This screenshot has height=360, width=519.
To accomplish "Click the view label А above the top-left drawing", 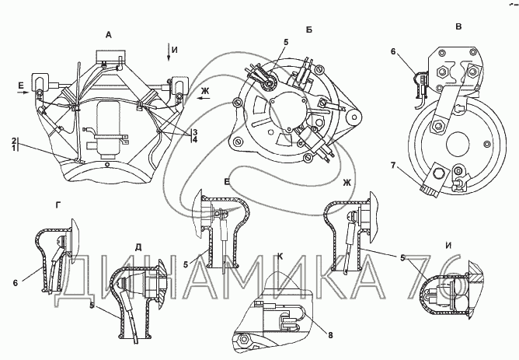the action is click(108, 35).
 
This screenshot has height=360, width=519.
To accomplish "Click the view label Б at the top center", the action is click(308, 30).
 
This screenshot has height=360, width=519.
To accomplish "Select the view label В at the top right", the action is click(458, 27).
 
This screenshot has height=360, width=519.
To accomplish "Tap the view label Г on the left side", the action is click(58, 206).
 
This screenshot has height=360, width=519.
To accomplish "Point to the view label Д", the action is click(138, 247).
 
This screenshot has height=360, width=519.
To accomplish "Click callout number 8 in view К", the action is click(330, 335).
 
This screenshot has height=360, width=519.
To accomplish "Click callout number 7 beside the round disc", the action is click(393, 165).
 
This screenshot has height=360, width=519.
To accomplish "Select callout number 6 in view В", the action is click(393, 51).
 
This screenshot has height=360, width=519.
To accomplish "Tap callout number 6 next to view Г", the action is click(16, 283).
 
